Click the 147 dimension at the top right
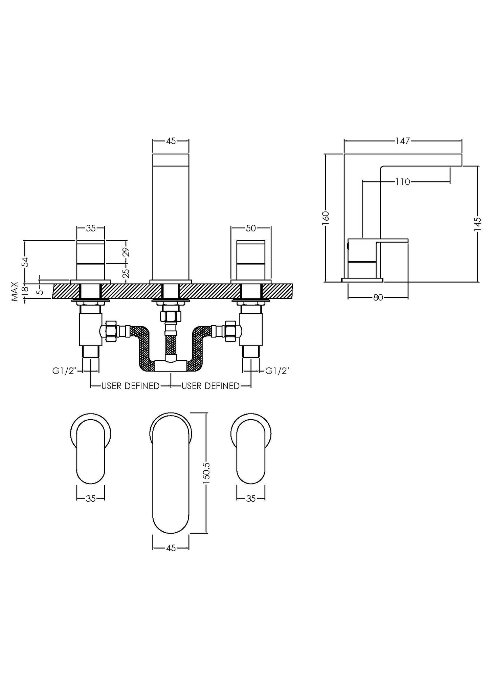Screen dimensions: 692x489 point(402,141)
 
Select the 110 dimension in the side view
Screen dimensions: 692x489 point(402,182)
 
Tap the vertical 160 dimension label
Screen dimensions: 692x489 point(326,216)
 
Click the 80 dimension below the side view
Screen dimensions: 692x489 point(378,297)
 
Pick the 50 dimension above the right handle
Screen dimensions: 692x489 point(250,228)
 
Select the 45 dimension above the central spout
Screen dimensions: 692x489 point(171,141)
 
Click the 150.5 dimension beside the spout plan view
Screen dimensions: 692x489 point(207,472)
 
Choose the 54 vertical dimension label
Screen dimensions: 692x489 point(25,262)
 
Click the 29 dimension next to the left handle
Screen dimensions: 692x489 point(126,252)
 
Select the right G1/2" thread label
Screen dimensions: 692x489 point(277,371)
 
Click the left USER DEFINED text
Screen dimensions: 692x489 point(130,386)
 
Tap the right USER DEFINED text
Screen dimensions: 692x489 point(210,386)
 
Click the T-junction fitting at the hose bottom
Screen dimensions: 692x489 point(171,366)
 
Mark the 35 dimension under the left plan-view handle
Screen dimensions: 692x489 point(90,498)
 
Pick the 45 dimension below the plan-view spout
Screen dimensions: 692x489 point(171,548)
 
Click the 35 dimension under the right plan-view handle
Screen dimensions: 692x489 point(250,498)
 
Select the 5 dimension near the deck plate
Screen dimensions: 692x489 point(40,290)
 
